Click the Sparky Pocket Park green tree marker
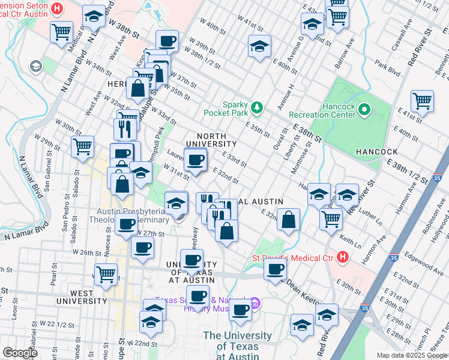coord(258,107)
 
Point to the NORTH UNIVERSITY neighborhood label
coord(211,139)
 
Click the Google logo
coord(20,353)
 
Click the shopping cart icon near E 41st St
coord(423,101)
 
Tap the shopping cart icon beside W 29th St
coord(82,146)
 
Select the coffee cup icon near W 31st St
coord(194,160)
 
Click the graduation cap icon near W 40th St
coord(259,46)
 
